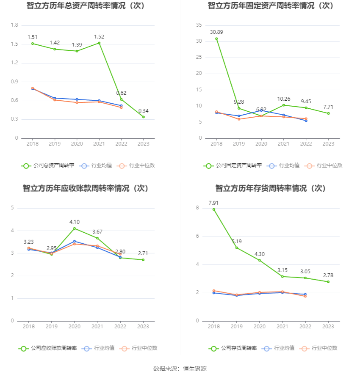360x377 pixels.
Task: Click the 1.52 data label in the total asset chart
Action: pos(99,37)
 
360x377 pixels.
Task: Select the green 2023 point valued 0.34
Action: pos(143,117)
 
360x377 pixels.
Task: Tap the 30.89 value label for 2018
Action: pos(216,32)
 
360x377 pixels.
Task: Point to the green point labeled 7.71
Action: pos(328,113)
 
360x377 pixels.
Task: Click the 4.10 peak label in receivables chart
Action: pos(75,222)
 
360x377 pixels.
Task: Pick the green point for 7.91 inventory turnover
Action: pos(214,209)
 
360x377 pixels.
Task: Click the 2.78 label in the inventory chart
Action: pos(328,275)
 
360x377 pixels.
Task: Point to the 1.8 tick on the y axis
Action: pos(14,25)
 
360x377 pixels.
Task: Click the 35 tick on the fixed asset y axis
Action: pos(199,25)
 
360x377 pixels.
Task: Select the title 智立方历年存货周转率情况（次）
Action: pos(270,188)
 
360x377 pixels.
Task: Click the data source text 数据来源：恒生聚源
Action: pos(180,369)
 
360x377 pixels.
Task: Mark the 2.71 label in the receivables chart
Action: pos(143,253)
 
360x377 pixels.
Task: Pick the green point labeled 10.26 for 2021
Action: pos(283,105)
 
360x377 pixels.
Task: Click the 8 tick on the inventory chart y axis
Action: pos(197,208)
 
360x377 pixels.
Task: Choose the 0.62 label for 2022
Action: pos(121,93)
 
